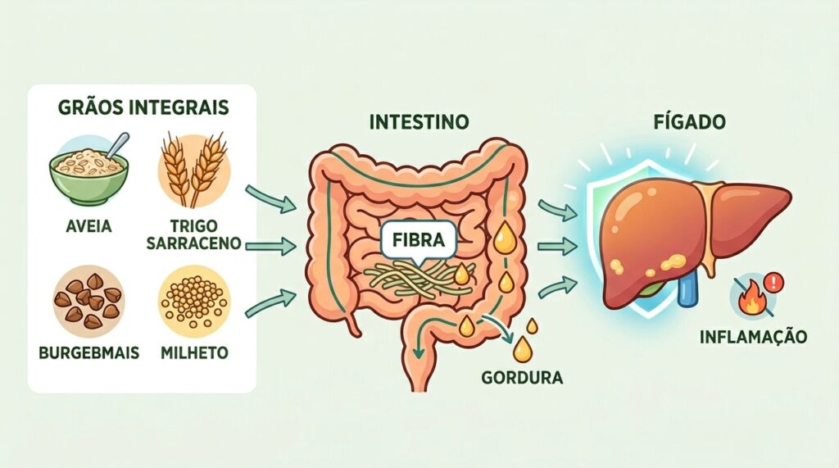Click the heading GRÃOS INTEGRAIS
pyautogui.click(x=143, y=107)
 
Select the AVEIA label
pyautogui.click(x=88, y=226)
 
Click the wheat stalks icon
pyautogui.click(x=193, y=170)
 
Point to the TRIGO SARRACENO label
pyautogui.click(x=193, y=234)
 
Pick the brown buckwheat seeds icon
pyautogui.click(x=88, y=302)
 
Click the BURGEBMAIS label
pyautogui.click(x=88, y=353)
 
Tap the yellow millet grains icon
pyautogui.click(x=194, y=302)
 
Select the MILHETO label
pyautogui.click(x=194, y=353)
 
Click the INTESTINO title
pyautogui.click(x=419, y=122)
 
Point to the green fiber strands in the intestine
pyautogui.click(x=418, y=279)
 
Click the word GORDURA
pyautogui.click(x=522, y=378)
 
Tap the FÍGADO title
pyautogui.click(x=690, y=121)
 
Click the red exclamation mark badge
pyautogui.click(x=773, y=281)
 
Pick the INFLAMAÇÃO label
pyautogui.click(x=754, y=337)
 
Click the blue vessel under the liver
pyautogui.click(x=686, y=289)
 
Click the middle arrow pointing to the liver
pyautogui.click(x=557, y=247)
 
